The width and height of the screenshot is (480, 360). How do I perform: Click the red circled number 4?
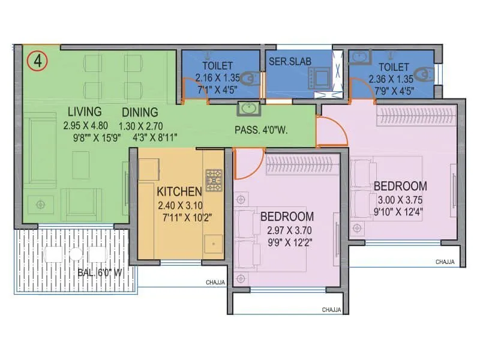point(37,61)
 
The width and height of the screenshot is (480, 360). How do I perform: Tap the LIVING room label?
point(85,112)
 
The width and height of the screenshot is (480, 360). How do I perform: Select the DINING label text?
point(140,112)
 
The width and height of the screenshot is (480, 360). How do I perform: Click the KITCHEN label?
point(179,192)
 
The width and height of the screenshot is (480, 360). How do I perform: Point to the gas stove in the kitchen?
point(214,180)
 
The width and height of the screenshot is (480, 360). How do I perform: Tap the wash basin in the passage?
point(247,109)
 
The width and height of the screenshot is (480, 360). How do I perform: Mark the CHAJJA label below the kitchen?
point(215,281)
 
